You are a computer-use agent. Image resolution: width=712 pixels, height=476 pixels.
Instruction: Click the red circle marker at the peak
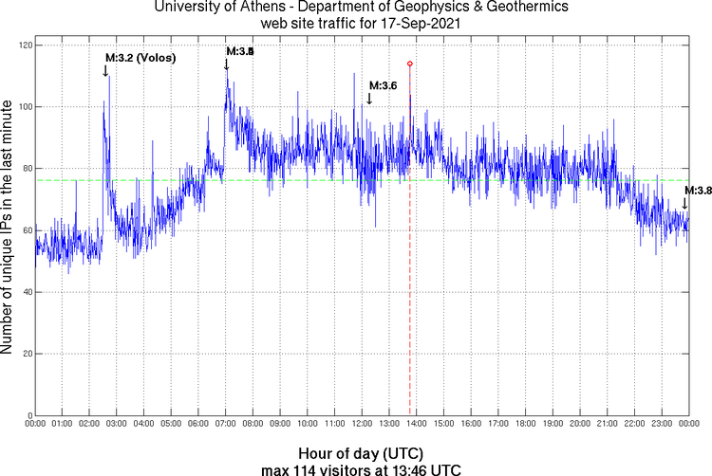pos(409,64)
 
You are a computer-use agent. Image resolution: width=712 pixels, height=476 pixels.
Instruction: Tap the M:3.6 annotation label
pos(382,86)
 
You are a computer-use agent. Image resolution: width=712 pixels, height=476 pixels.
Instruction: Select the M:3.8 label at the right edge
pos(698,191)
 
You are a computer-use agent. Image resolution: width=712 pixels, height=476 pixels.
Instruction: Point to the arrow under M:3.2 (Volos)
pos(105,71)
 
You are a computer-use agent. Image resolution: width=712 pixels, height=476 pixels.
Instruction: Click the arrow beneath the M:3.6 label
pos(368,99)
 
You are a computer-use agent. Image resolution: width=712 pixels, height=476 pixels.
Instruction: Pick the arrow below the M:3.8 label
pos(684,202)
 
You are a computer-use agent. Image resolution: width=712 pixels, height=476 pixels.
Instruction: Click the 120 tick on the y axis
pos(23,46)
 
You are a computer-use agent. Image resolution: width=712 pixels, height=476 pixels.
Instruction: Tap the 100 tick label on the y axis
pos(23,107)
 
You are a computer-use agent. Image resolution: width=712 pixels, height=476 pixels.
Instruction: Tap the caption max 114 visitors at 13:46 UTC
pos(361,468)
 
